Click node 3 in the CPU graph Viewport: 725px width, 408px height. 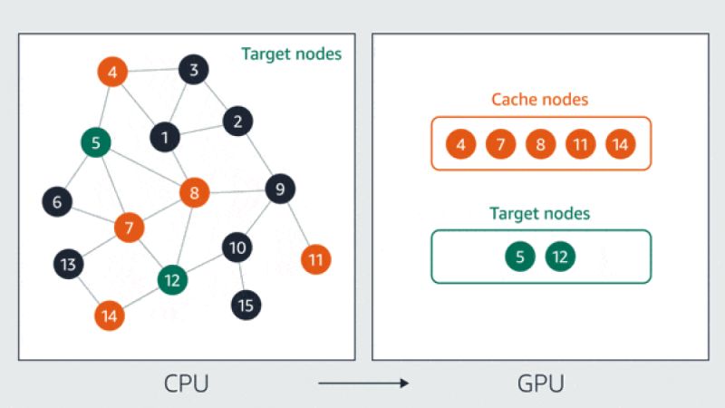194,69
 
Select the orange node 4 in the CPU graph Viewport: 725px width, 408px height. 112,72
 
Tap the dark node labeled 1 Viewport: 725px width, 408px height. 165,138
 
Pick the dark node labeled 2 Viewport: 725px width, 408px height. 237,121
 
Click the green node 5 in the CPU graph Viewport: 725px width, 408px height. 95,142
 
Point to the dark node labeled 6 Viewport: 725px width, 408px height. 57,202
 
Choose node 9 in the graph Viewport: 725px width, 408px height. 280,189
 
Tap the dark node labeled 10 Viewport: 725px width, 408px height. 237,247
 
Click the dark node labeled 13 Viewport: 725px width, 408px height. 67,265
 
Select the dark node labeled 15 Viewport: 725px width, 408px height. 245,306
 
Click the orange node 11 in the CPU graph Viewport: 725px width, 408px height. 315,260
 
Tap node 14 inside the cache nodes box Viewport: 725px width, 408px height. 621,144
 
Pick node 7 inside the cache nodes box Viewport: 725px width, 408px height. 500,144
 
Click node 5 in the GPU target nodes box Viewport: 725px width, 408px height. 519,257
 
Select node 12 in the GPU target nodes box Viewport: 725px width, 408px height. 560,257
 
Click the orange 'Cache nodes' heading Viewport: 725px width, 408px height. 539,100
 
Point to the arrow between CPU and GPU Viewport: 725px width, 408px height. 363,384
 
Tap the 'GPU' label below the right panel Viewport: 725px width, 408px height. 540,384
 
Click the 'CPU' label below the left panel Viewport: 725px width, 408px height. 186,384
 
